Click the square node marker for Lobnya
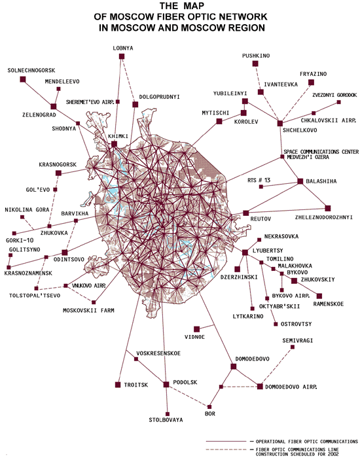pyautogui.click(x=122, y=56)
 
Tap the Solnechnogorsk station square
pyautogui.click(x=23, y=79)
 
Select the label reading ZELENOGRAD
pyautogui.click(x=39, y=114)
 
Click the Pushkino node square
pyautogui.click(x=255, y=63)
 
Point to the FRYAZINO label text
pyautogui.click(x=314, y=74)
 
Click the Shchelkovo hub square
pyautogui.click(x=280, y=123)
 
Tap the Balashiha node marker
pyautogui.click(x=300, y=181)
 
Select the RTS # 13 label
pyautogui.click(x=259, y=180)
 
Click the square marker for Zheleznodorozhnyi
pyautogui.click(x=328, y=208)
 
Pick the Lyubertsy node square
pyautogui.click(x=245, y=253)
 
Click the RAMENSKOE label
pyautogui.click(x=329, y=304)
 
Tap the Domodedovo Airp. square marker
pyautogui.click(x=260, y=387)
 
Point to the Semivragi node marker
pyautogui.click(x=293, y=347)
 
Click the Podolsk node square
pyautogui.click(x=166, y=385)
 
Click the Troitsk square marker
pyautogui.click(x=118, y=385)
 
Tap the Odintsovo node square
pyautogui.click(x=65, y=253)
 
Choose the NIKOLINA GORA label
pyautogui.click(x=27, y=210)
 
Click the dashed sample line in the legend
pyautogui.click(x=226, y=449)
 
